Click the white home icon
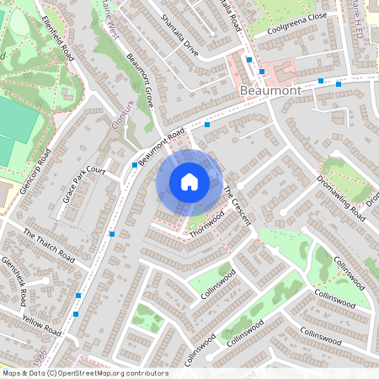189,181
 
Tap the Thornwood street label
207,223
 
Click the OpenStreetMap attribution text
84,373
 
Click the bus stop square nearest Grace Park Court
135,165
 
